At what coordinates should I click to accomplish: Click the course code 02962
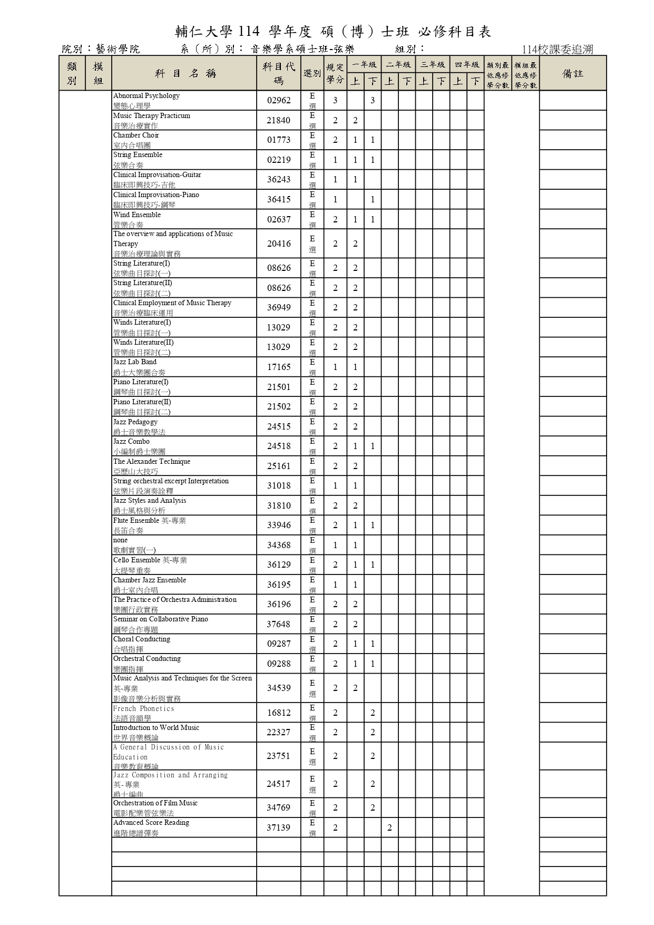(278, 100)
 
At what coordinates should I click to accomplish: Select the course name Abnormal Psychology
(147, 96)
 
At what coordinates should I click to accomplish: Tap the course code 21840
(278, 120)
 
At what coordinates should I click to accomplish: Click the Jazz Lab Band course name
(135, 362)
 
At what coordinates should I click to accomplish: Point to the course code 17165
(278, 367)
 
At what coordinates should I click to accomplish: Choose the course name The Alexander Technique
(152, 462)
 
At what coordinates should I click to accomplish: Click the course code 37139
(278, 827)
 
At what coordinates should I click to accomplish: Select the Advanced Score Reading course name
(151, 823)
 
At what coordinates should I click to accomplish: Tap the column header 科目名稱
(184, 73)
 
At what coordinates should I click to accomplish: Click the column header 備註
(573, 73)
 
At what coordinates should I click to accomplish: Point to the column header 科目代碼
(279, 73)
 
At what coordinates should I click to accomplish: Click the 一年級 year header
(364, 65)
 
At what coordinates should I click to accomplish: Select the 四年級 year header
(467, 65)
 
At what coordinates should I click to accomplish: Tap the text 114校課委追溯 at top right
(558, 50)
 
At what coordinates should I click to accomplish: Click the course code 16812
(278, 713)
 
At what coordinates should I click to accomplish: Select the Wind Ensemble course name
(137, 215)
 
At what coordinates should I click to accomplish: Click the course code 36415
(278, 199)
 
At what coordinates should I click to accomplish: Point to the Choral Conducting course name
(142, 639)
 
